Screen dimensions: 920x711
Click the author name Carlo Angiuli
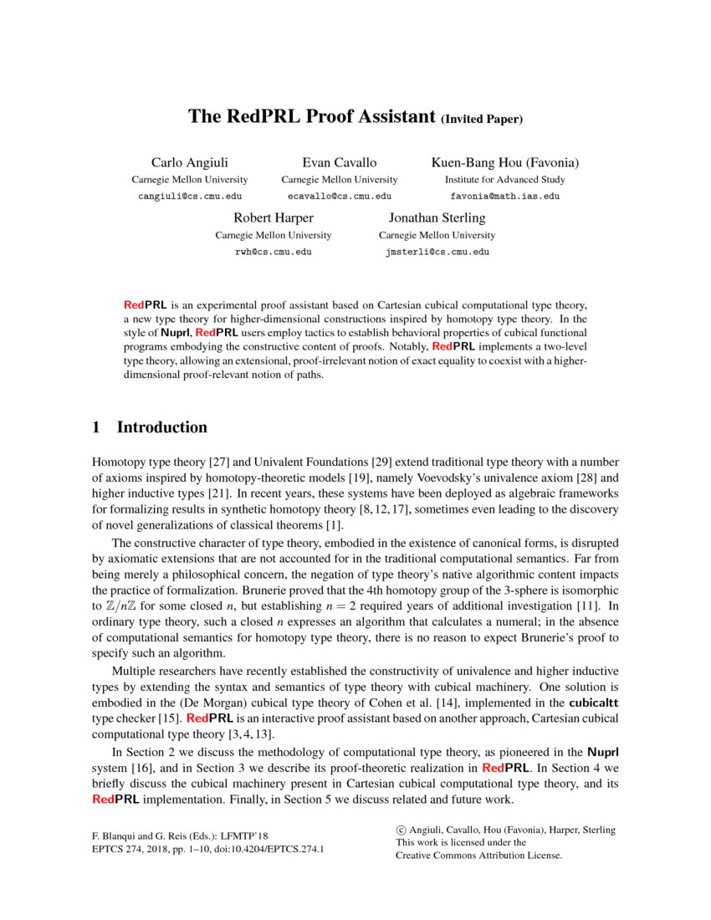(189, 162)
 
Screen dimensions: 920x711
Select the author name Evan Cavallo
(339, 162)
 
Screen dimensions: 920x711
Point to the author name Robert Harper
(273, 217)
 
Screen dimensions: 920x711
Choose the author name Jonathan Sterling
(437, 217)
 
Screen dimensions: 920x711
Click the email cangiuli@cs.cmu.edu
(189, 196)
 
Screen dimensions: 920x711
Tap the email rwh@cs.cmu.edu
(273, 251)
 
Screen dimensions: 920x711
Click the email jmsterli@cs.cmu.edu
(437, 251)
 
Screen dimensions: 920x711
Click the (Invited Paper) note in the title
(482, 119)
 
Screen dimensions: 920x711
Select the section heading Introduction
(161, 427)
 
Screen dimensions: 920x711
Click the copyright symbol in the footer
(401, 831)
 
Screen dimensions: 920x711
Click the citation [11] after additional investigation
(592, 604)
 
